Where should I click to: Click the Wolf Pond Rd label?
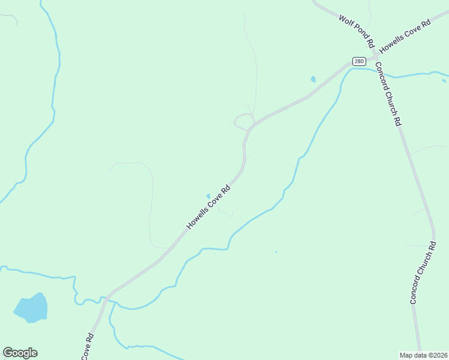(357, 32)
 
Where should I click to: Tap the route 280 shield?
(358, 61)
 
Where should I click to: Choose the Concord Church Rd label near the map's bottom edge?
(423, 273)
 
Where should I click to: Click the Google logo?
(20, 352)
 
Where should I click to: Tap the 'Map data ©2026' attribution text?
(424, 355)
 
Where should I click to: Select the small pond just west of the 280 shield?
(313, 79)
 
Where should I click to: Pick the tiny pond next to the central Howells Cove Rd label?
(208, 196)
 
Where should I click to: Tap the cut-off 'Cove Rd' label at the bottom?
(87, 346)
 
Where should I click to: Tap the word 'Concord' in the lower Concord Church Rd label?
(417, 292)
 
